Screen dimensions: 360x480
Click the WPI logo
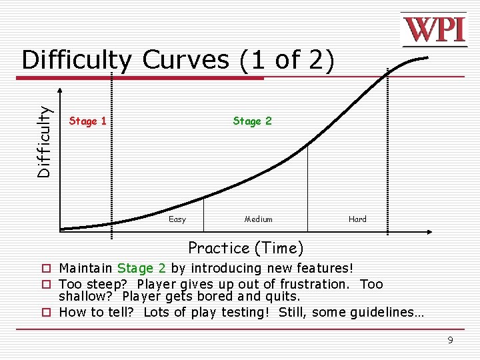(x=433, y=29)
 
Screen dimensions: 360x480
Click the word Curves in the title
(x=186, y=60)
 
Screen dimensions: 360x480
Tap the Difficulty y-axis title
(x=44, y=142)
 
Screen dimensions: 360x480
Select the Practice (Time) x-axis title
(x=245, y=248)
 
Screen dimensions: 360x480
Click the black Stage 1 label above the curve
(x=88, y=121)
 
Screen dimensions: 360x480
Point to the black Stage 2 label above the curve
(x=252, y=121)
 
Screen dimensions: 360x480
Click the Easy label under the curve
(x=177, y=219)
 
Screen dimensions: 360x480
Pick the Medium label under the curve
(x=259, y=219)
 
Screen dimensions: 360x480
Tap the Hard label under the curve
(x=357, y=219)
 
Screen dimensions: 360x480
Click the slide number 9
(x=450, y=340)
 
